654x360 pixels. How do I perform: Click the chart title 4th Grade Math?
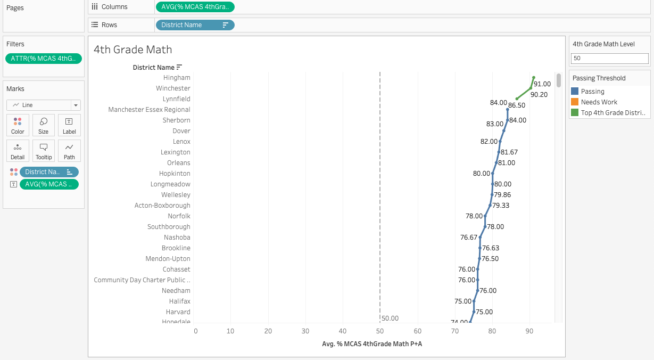[x=133, y=50]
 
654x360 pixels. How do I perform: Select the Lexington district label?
[x=175, y=152]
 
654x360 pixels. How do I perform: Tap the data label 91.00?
[x=542, y=84]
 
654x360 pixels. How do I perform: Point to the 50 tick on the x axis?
[x=380, y=331]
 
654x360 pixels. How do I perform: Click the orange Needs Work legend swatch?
[x=574, y=102]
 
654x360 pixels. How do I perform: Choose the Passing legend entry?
[x=592, y=92]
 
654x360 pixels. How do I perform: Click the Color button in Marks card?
[x=18, y=125]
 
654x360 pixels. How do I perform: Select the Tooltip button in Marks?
[x=44, y=151]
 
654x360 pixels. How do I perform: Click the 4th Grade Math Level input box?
[x=609, y=58]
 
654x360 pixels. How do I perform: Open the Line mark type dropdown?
[x=44, y=105]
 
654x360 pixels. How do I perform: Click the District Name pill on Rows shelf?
[x=195, y=25]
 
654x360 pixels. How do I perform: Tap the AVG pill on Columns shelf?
[x=195, y=7]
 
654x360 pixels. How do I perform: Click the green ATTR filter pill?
[x=44, y=59]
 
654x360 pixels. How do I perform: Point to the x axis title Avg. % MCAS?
[x=372, y=344]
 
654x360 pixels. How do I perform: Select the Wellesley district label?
[x=176, y=195]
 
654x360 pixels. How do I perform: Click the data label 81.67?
[x=509, y=152]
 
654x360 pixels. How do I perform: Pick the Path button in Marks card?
[x=69, y=151]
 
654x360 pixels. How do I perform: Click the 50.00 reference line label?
[x=390, y=318]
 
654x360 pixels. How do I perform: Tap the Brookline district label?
[x=176, y=248]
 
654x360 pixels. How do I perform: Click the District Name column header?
[x=153, y=68]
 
